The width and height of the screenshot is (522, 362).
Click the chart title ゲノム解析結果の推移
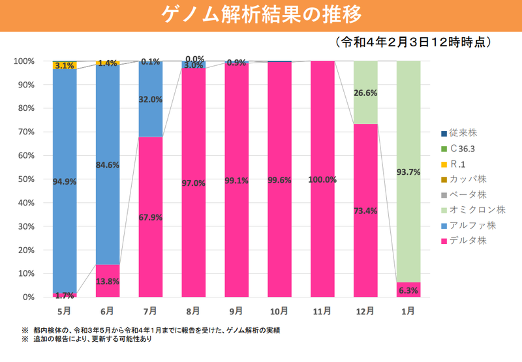(261, 14)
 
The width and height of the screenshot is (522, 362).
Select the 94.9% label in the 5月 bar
(65, 181)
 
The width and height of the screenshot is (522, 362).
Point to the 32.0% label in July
(151, 100)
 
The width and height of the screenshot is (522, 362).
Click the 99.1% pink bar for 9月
(236, 196)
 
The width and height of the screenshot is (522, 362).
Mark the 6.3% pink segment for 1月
(408, 290)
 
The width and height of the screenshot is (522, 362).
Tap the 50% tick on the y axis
(27, 179)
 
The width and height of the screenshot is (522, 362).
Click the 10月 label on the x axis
(279, 310)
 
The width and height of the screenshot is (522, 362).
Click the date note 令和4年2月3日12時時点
(412, 42)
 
